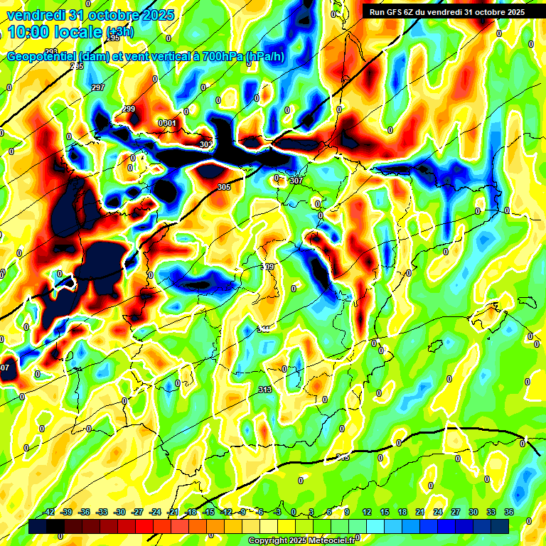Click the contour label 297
coord(98,87)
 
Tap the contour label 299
coord(129,109)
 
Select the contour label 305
coord(224,187)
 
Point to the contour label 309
coord(268,267)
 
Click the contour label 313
coord(265,390)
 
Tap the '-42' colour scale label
coord(49,512)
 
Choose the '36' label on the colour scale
coord(508,512)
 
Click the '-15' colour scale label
coord(208,512)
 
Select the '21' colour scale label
coord(420,512)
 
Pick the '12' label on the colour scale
coord(367,512)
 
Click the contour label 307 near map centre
coord(296,181)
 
